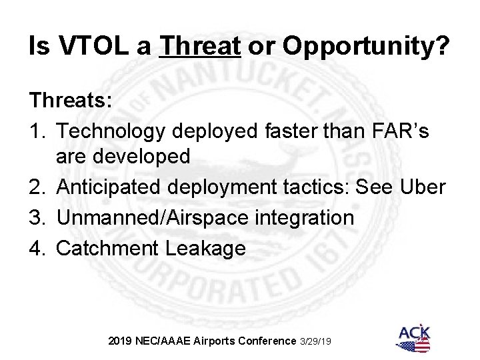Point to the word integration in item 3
click(x=303, y=218)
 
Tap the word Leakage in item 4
click(x=207, y=248)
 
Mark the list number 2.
click(x=37, y=188)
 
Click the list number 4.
click(x=37, y=248)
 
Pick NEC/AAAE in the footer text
click(x=165, y=341)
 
